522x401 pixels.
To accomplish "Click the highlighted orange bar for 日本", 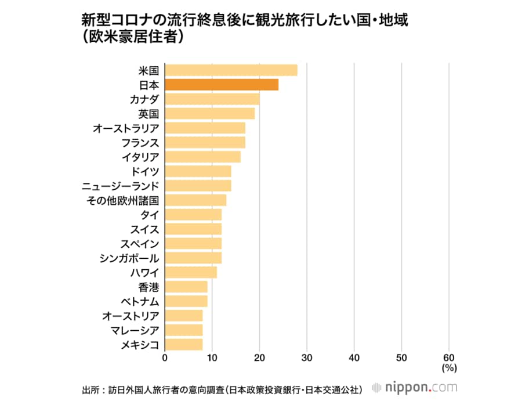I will (x=222, y=85).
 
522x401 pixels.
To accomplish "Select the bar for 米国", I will (x=231, y=70).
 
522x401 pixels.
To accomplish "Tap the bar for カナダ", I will (x=212, y=99).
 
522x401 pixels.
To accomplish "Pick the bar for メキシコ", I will (x=184, y=344).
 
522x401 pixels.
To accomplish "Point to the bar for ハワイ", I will (x=191, y=272).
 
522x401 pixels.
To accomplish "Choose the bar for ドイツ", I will (x=198, y=171).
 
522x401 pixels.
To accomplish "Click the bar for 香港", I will (x=186, y=287).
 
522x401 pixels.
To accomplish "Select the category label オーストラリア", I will (x=126, y=128).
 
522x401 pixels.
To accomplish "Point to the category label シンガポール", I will (x=130, y=258).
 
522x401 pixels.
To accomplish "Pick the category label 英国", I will (x=148, y=114).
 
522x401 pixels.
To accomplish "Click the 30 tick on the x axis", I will (x=307, y=357).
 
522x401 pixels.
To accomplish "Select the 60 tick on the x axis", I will (x=449, y=357).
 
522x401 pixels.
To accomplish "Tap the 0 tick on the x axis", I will (x=165, y=357).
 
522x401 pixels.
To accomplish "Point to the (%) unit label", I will (x=449, y=368).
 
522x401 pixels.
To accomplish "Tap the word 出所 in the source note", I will (x=92, y=389).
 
